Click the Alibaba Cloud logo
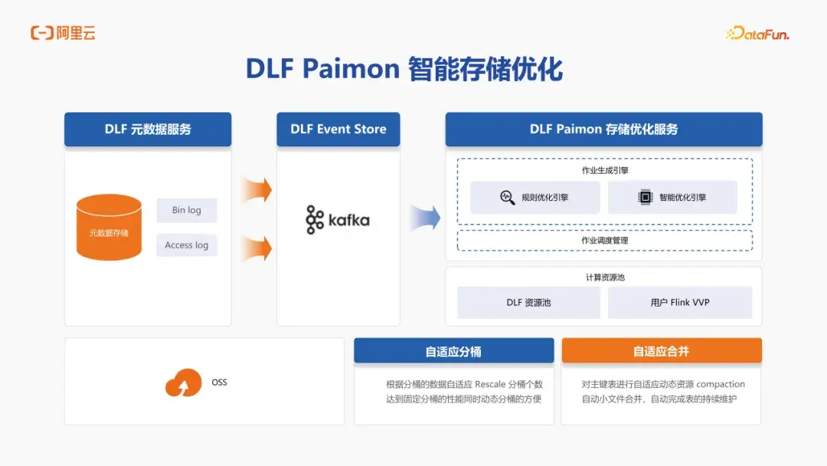click(63, 33)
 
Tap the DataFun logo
click(757, 33)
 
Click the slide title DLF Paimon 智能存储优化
click(404, 69)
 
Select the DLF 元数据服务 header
click(148, 130)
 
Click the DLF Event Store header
click(338, 130)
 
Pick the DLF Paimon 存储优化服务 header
click(603, 130)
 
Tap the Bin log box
click(187, 210)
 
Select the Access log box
click(187, 245)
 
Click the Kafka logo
click(338, 220)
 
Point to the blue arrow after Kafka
click(425, 218)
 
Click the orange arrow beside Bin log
click(257, 189)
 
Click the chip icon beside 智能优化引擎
click(645, 197)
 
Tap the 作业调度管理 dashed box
click(604, 241)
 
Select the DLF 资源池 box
click(528, 303)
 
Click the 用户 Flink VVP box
click(680, 303)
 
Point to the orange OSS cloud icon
click(184, 382)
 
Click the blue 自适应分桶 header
click(453, 351)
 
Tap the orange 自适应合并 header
click(661, 351)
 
